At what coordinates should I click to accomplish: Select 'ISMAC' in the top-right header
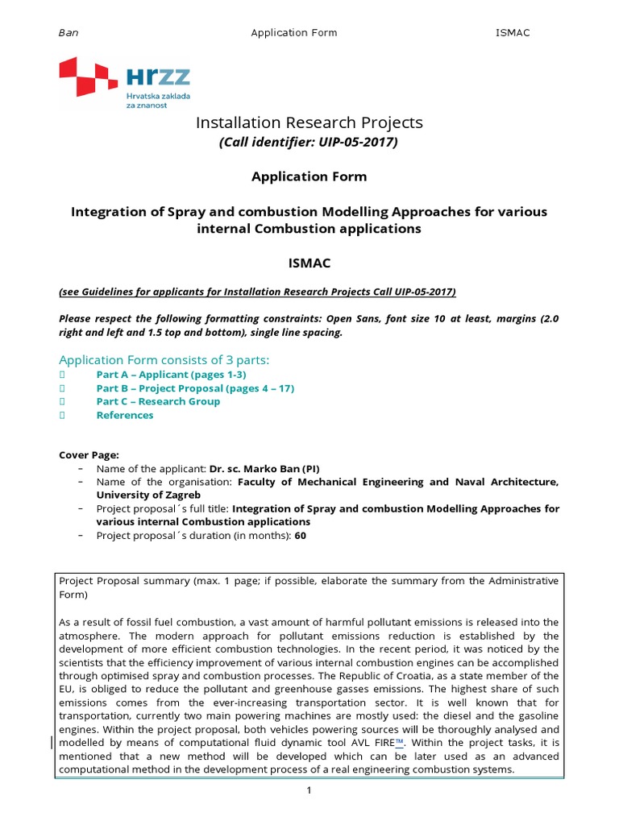coord(512,33)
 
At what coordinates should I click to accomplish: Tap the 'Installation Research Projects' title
coord(309,122)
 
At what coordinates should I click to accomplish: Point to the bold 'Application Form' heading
coord(309,176)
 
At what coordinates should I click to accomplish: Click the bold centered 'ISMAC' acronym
coord(309,263)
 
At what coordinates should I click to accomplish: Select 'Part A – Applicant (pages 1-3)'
coord(171,375)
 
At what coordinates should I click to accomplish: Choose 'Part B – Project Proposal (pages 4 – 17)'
coord(195,388)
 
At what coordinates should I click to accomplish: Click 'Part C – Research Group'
coord(158,402)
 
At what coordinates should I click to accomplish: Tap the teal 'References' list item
coord(124,416)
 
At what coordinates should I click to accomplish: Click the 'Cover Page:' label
coord(89,454)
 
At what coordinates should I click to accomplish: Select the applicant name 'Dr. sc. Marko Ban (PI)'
coord(270,468)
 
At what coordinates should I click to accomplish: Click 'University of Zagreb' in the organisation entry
coord(148,495)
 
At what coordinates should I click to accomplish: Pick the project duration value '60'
coord(301,535)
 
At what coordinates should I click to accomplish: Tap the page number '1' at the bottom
coord(309,791)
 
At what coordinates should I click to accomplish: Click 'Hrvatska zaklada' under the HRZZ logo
coord(159,96)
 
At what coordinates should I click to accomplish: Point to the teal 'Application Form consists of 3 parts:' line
coord(164,359)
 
